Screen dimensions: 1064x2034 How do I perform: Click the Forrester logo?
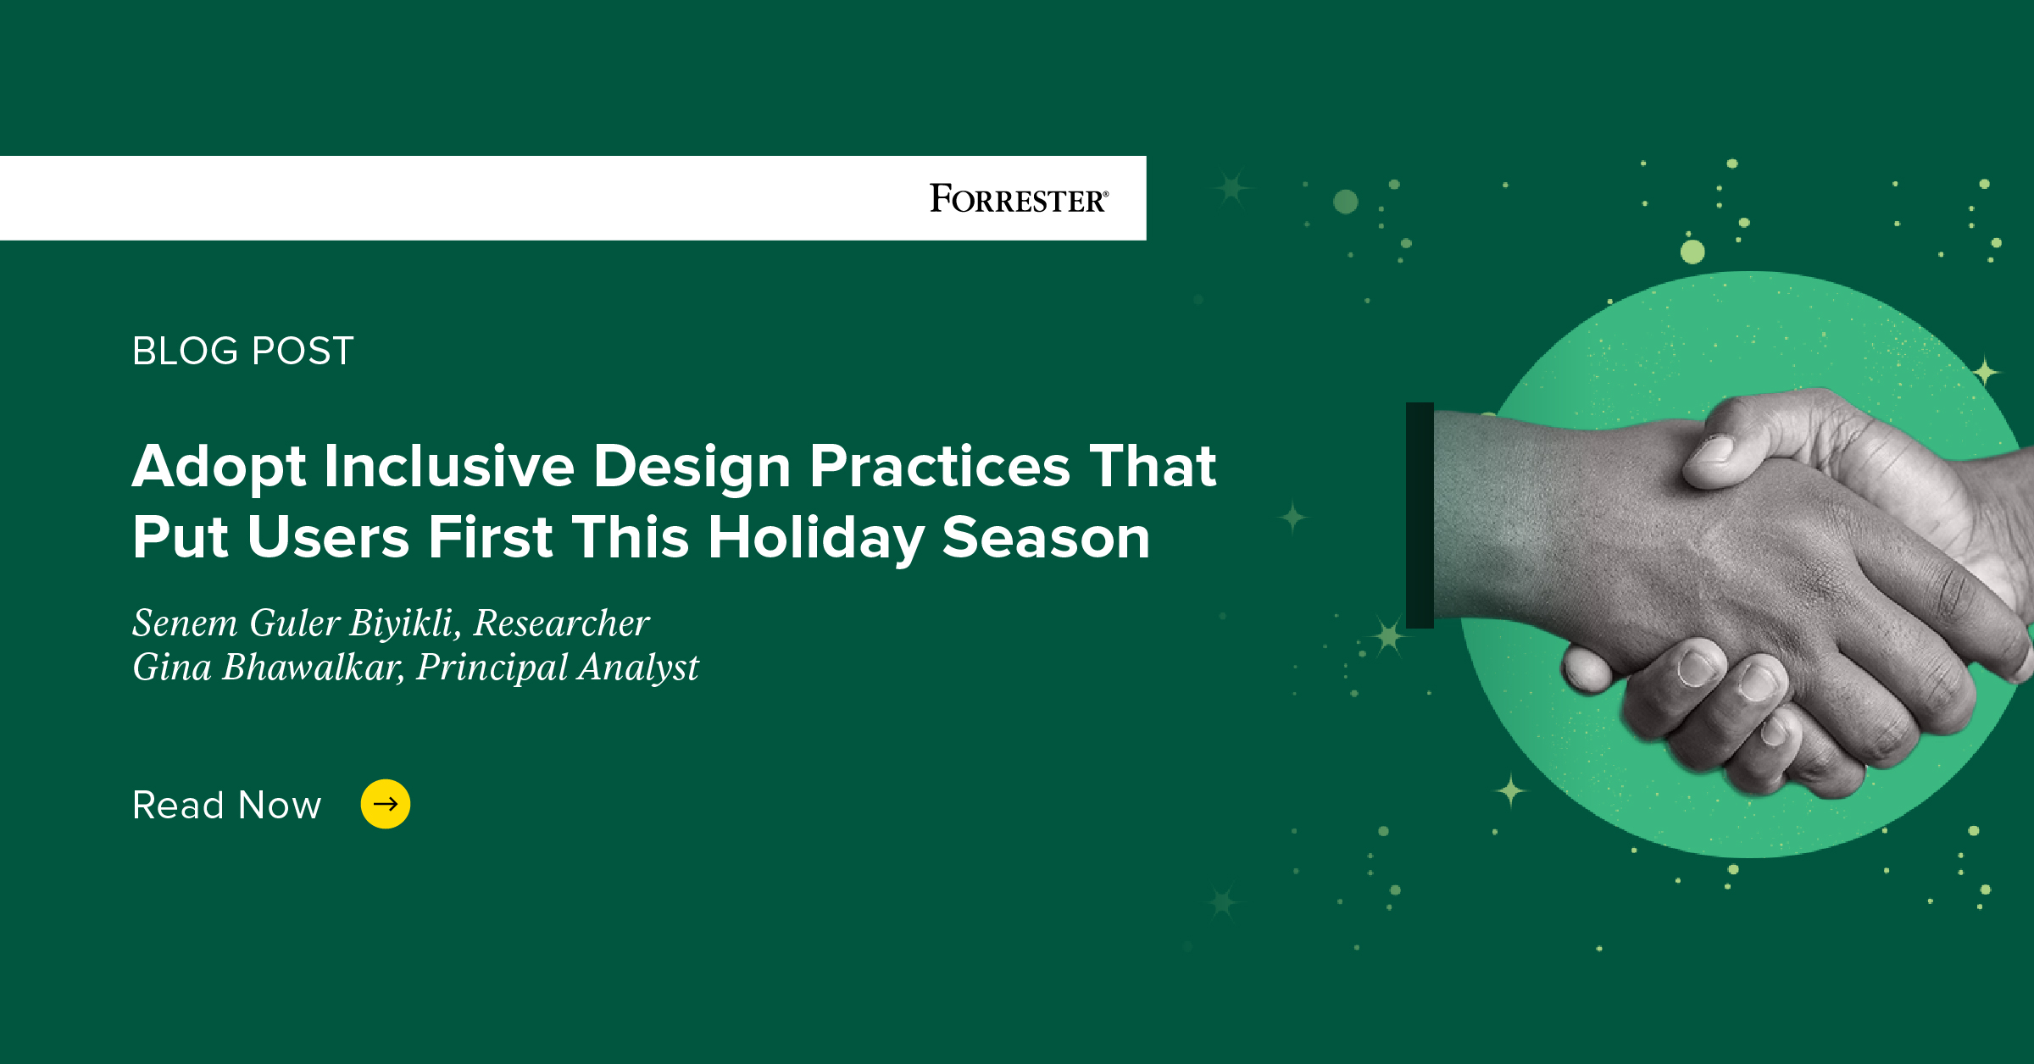pos(1017,199)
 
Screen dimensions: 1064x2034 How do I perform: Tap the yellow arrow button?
pos(386,803)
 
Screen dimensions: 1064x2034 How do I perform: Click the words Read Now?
pos(227,805)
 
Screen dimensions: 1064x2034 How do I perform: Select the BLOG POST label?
pos(242,351)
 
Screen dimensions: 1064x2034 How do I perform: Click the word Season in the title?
pos(1046,538)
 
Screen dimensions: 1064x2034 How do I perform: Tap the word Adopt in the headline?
pos(219,468)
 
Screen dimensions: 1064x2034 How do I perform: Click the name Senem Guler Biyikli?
pos(297,623)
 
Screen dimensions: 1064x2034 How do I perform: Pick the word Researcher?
pos(561,623)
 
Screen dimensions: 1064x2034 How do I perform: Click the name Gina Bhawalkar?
pos(267,668)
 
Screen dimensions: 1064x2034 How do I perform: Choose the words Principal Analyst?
pos(557,668)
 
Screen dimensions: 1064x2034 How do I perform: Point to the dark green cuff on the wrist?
pos(1420,515)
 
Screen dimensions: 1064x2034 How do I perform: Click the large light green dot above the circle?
pos(1692,252)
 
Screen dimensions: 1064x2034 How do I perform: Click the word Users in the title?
pos(329,538)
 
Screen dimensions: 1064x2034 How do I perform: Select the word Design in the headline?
pos(692,468)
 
